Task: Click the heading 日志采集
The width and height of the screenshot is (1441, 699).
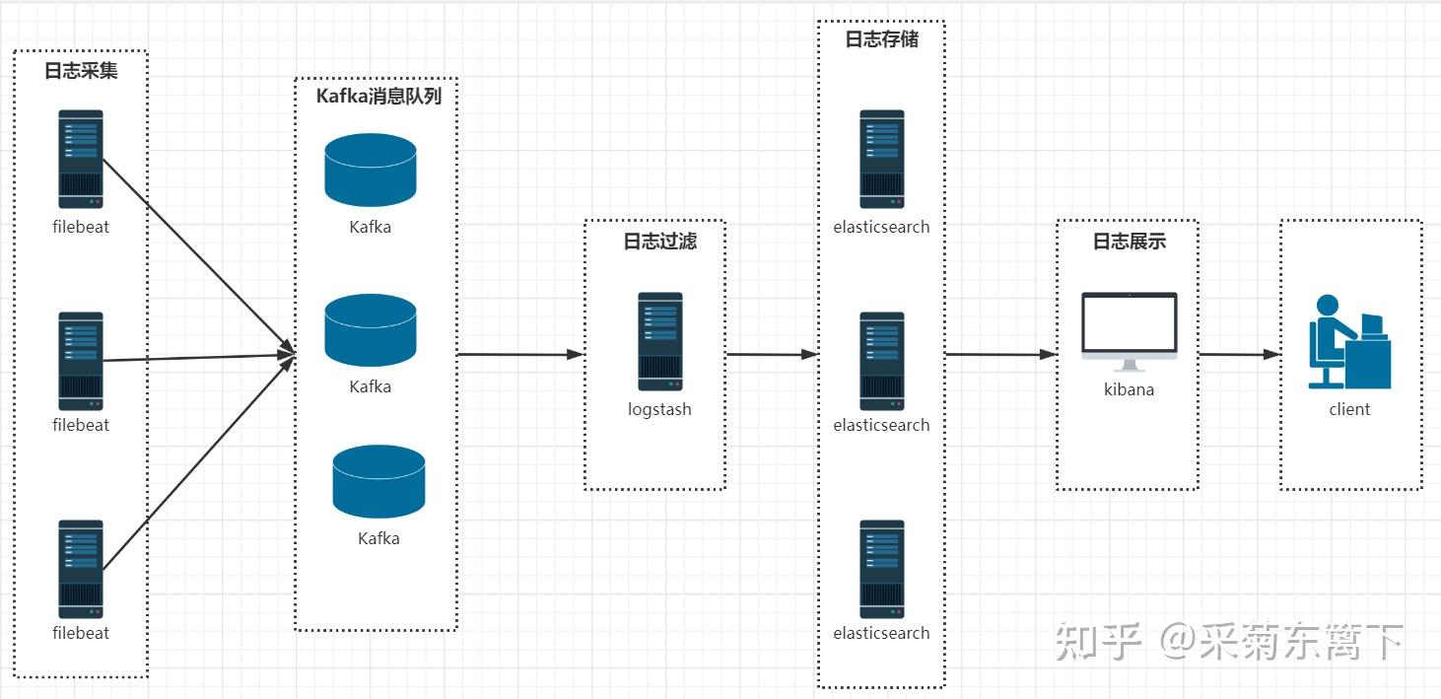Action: point(81,71)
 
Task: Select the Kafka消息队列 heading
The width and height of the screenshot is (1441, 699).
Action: point(378,96)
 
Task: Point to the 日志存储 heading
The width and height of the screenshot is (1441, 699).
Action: point(881,39)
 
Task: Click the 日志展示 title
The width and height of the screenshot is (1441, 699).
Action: point(1130,242)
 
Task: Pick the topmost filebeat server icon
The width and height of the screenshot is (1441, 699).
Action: point(81,159)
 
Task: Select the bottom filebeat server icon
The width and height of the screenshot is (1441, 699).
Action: point(81,569)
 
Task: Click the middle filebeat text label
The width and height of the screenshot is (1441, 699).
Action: point(81,425)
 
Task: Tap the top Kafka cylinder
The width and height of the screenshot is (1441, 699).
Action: point(371,170)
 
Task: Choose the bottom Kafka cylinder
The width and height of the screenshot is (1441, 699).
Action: point(378,481)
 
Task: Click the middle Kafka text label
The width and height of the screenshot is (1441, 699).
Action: point(371,386)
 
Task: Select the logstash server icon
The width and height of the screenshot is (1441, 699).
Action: point(659,341)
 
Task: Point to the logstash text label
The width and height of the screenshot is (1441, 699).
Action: point(659,409)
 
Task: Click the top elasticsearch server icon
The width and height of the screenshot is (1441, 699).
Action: point(881,159)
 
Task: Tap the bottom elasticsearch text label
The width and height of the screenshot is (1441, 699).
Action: point(881,633)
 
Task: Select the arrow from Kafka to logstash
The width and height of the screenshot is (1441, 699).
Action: point(520,354)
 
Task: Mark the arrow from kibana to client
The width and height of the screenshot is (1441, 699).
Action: point(1238,354)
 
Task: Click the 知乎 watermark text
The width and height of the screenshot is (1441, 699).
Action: point(1098,642)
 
